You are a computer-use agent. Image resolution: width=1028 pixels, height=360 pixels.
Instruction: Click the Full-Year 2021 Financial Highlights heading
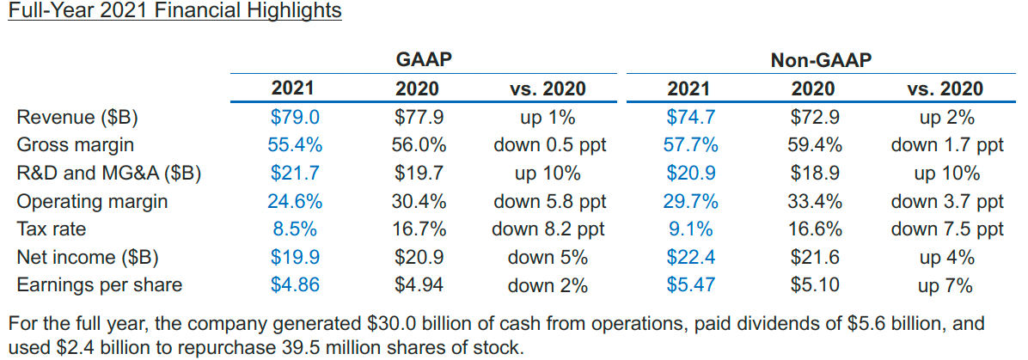[174, 11]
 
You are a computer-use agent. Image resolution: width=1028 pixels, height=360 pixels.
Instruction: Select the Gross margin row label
[76, 145]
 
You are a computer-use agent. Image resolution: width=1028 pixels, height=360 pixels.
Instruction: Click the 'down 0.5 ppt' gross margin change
[549, 145]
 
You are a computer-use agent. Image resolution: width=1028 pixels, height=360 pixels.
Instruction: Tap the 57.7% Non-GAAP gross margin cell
[690, 145]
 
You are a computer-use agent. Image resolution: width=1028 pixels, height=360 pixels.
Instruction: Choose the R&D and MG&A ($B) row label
[109, 174]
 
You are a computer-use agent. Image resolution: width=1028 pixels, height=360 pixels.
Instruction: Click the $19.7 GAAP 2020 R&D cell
[419, 174]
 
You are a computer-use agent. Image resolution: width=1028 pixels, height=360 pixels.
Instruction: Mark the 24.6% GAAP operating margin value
[295, 202]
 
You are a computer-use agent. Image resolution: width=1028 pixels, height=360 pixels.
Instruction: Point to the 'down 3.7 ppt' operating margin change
[947, 202]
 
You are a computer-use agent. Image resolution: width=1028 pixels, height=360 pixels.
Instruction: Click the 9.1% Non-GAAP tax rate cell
[690, 229]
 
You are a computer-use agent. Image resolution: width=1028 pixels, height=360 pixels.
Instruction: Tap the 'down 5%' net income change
[548, 257]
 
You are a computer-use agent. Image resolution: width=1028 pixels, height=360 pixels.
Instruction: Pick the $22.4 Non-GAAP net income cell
[690, 257]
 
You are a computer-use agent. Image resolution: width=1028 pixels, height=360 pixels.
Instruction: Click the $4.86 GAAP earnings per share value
[295, 285]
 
